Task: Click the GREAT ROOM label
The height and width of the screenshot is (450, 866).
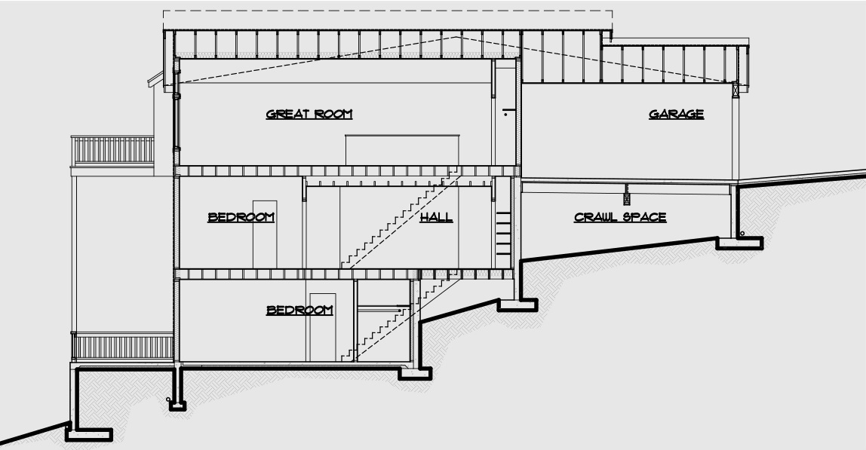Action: click(309, 115)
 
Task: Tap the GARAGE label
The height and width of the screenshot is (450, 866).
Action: click(677, 115)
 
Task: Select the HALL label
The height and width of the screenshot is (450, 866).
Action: click(436, 217)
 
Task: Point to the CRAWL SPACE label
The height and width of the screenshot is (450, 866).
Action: click(620, 217)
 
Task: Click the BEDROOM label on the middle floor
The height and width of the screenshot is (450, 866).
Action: click(241, 217)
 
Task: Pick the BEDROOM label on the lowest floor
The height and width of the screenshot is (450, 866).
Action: click(299, 310)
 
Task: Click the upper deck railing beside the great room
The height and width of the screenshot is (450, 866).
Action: click(112, 150)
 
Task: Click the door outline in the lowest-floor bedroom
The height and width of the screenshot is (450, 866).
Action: click(322, 326)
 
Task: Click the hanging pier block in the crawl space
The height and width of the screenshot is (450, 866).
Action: click(625, 197)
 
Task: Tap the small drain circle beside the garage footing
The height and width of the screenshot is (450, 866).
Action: click(742, 234)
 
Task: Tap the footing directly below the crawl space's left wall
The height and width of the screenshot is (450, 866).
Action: click(517, 305)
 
